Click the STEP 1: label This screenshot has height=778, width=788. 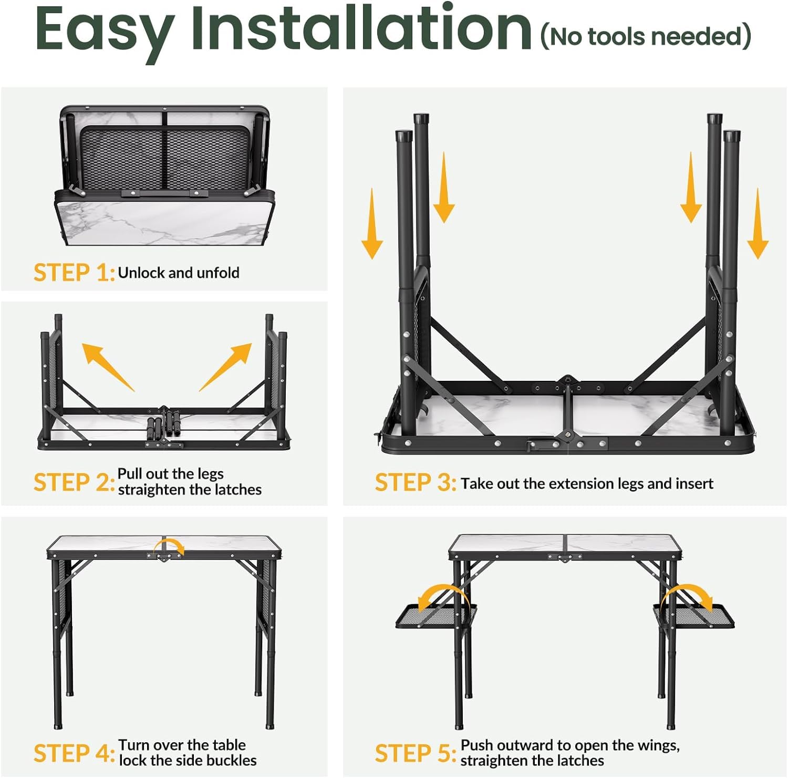(74, 273)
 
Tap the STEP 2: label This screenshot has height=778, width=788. (74, 482)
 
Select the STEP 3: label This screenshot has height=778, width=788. (415, 483)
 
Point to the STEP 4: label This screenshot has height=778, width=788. (74, 753)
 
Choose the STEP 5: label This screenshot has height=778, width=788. (415, 753)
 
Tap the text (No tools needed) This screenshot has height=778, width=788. (646, 36)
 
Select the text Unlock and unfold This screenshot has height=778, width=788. (179, 273)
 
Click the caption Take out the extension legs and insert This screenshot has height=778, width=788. (587, 483)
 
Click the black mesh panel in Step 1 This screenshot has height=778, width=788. (165, 158)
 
